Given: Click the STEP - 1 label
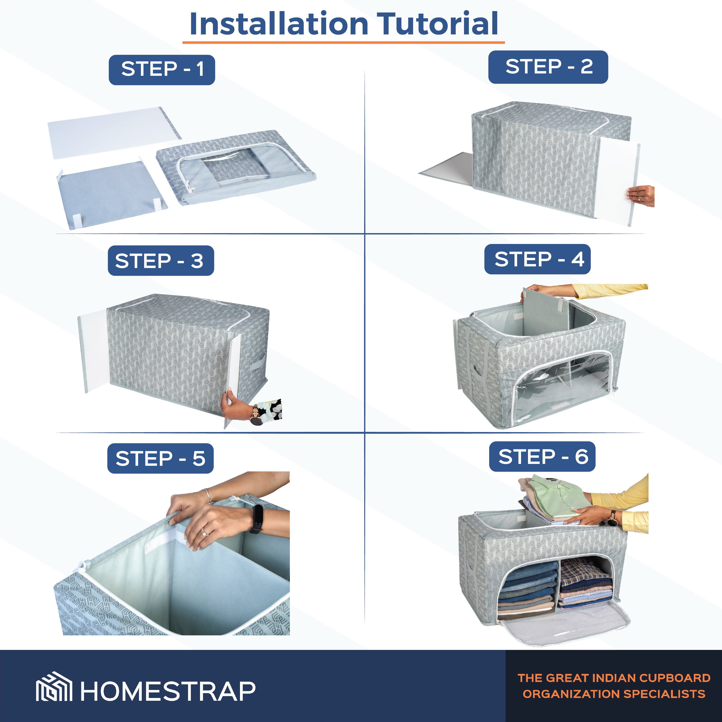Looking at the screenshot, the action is click(162, 70).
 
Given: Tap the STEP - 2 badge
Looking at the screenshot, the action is click(548, 67).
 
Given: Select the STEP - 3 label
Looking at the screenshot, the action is click(161, 261).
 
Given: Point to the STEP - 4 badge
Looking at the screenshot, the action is click(537, 259).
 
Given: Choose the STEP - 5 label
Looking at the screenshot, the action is click(160, 458).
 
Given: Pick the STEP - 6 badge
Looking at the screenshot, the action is click(542, 457).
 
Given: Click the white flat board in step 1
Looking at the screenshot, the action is click(114, 133).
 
